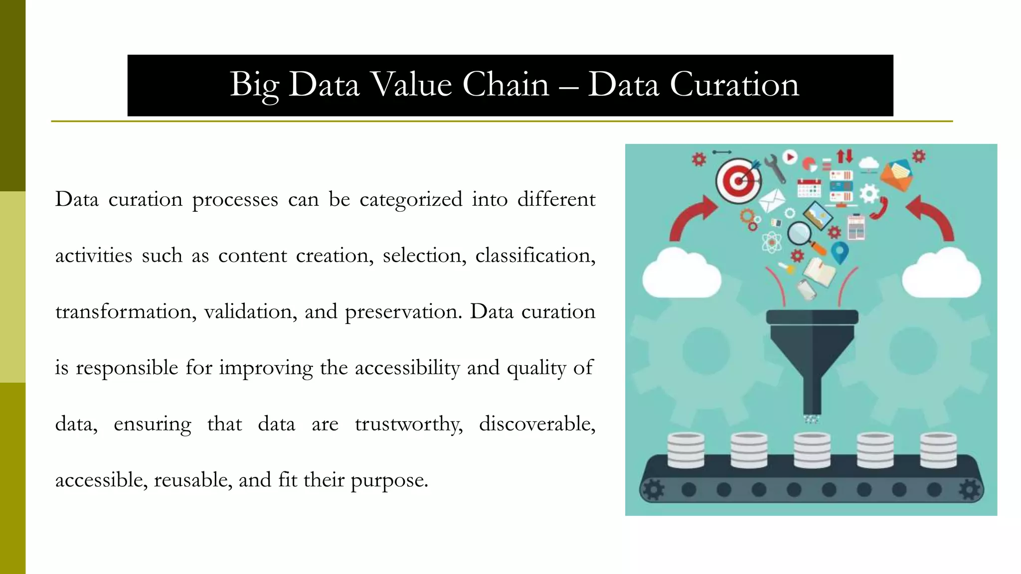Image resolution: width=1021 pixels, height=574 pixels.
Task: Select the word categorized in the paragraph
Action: [x=411, y=199]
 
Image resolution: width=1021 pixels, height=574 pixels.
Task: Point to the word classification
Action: [x=534, y=256]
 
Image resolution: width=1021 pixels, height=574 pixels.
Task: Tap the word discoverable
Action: [x=537, y=424]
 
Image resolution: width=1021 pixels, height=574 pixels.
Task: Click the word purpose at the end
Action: [x=389, y=480]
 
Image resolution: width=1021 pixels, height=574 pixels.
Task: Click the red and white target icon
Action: [x=738, y=180]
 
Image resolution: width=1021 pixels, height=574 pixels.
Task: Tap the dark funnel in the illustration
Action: [x=812, y=349]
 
